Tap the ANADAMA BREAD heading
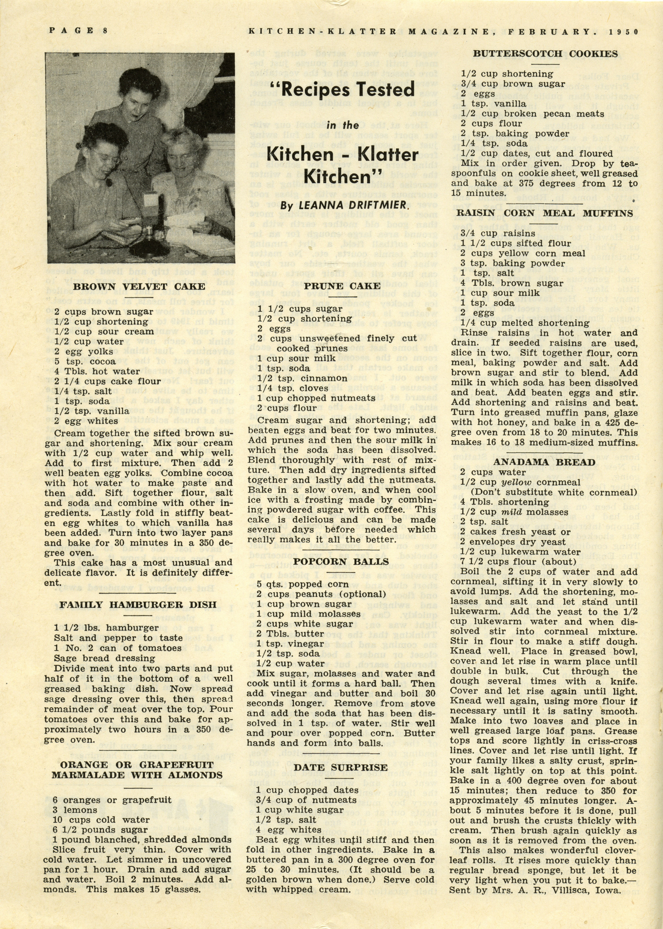pos(544,462)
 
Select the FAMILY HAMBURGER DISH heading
pos(139,605)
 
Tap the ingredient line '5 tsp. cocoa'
pos(85,362)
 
